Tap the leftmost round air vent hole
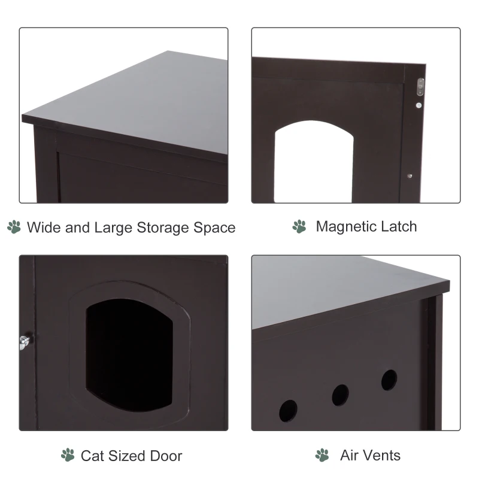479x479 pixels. click(x=288, y=410)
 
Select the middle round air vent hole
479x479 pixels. click(x=340, y=395)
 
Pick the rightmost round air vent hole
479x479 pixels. click(x=389, y=380)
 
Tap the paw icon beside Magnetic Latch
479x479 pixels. click(x=299, y=226)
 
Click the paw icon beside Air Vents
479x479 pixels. click(x=322, y=455)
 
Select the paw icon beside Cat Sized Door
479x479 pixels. click(x=68, y=455)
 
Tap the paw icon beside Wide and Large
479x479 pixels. click(x=14, y=227)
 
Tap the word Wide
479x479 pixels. click(x=43, y=228)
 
